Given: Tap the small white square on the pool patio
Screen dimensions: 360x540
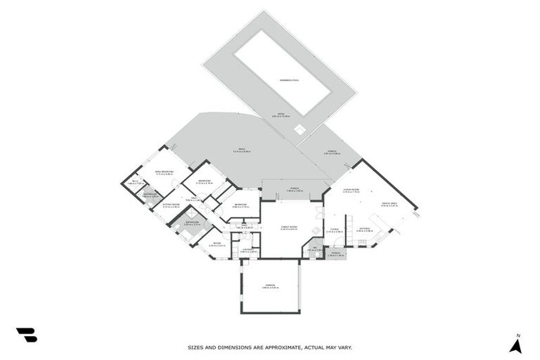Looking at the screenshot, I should pos(300,129).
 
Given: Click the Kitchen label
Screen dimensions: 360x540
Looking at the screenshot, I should pos(364,229).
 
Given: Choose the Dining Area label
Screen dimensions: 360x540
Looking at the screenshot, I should pos(390,205).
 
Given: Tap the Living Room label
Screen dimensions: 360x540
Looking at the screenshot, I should pos(352,190).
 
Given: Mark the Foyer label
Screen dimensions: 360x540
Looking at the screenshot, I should pos(334,229).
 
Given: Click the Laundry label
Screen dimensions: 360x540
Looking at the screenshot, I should pos(247,250).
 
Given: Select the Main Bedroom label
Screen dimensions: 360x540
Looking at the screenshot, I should pos(164,172).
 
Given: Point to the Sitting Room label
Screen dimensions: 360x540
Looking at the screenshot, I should pos(171,205).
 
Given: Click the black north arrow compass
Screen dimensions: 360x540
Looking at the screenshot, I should pos(515,345).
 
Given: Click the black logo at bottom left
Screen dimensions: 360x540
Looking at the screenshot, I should pos(26,335).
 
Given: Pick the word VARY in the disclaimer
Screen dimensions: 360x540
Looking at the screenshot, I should pos(345,347).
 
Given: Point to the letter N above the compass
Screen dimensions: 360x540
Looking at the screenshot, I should pos(517,334).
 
